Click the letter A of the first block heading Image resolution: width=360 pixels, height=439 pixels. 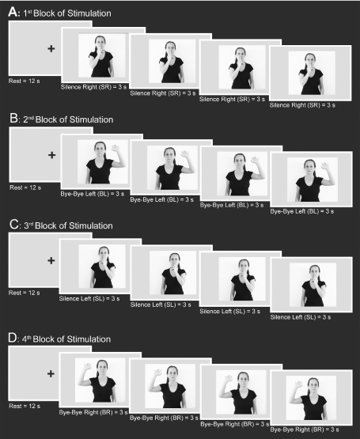pyautogui.click(x=13, y=12)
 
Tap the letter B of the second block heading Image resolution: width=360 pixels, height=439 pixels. pyautogui.click(x=13, y=118)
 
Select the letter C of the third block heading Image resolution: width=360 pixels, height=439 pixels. pyautogui.click(x=13, y=225)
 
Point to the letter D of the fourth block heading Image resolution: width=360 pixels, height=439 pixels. pyautogui.click(x=13, y=338)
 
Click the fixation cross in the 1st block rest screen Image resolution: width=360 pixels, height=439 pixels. pyautogui.click(x=51, y=49)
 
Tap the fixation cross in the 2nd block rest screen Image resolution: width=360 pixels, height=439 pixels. pyautogui.click(x=52, y=155)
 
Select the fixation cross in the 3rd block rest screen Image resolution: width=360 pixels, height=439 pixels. pyautogui.click(x=51, y=261)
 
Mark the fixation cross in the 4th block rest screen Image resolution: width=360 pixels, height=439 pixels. pyautogui.click(x=51, y=374)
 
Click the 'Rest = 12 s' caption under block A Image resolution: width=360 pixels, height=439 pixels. pyautogui.click(x=24, y=81)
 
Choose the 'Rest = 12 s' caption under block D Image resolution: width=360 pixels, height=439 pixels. pyautogui.click(x=25, y=406)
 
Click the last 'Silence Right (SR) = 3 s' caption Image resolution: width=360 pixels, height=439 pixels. pyautogui.click(x=302, y=105)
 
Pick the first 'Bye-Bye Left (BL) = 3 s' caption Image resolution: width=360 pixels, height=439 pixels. pyautogui.click(x=92, y=194)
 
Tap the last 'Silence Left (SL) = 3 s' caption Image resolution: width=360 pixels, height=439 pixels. pyautogui.click(x=301, y=317)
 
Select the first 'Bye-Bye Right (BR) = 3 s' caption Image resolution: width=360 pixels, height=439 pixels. pyautogui.click(x=93, y=412)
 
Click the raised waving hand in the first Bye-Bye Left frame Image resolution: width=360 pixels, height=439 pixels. pyautogui.click(x=116, y=148)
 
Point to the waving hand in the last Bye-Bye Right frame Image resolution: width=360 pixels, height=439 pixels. pyautogui.click(x=298, y=384)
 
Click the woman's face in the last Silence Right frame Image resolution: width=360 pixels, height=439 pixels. pyautogui.click(x=310, y=59)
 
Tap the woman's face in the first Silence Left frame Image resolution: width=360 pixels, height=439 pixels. pyautogui.click(x=104, y=253)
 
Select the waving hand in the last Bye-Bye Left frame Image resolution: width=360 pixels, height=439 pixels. pyautogui.click(x=325, y=166)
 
